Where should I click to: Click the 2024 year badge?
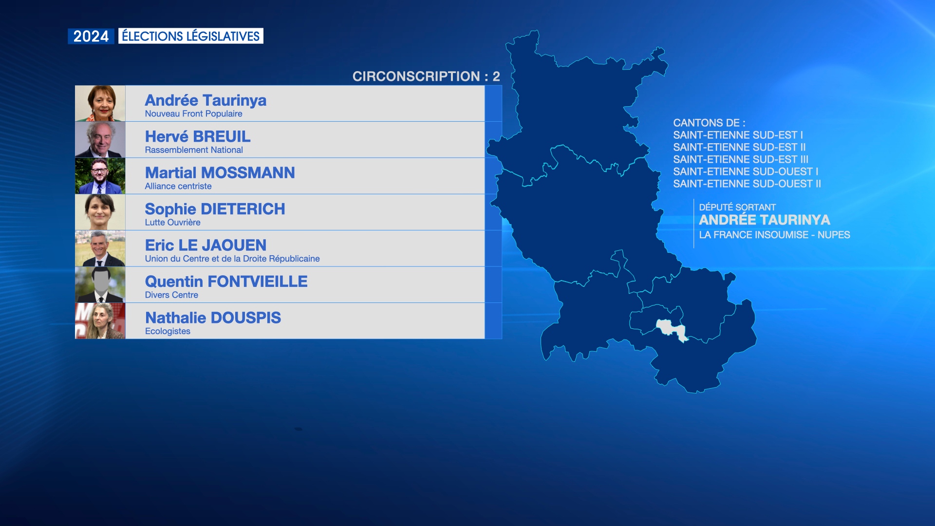click(x=91, y=36)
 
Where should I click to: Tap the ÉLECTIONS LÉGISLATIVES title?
click(x=191, y=36)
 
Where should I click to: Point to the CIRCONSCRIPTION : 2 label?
click(x=426, y=76)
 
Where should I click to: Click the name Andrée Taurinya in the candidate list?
click(x=206, y=100)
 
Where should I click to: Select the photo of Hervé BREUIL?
click(x=100, y=140)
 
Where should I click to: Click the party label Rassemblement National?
click(x=194, y=150)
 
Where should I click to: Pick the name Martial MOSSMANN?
click(x=220, y=173)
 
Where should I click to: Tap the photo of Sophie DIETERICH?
click(x=100, y=212)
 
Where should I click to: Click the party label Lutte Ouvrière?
click(x=173, y=223)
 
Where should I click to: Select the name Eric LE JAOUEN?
click(x=206, y=245)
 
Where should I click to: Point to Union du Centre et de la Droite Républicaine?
click(x=232, y=259)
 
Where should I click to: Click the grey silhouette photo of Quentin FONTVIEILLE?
click(x=100, y=285)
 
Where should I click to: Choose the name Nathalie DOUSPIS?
click(x=213, y=318)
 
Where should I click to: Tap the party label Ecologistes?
click(x=168, y=331)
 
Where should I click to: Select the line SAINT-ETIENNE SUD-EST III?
click(x=741, y=159)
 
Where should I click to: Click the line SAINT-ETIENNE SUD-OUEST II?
click(x=747, y=184)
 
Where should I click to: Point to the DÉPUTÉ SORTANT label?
click(x=737, y=207)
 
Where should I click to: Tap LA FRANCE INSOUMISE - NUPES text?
click(x=775, y=235)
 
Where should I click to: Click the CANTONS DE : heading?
click(x=709, y=123)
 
